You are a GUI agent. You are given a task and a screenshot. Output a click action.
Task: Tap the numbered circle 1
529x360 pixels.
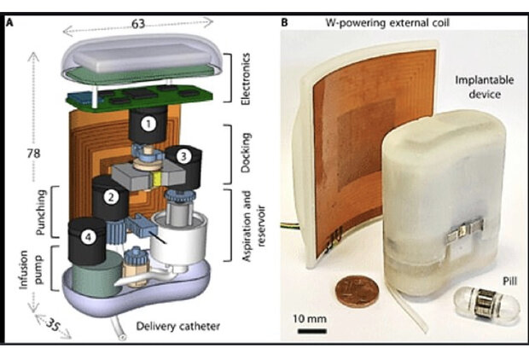click(x=150, y=124)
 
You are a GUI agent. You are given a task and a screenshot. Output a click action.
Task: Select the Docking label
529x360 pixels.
click(x=247, y=152)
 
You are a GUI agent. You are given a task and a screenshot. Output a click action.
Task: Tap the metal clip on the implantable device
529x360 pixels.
click(x=462, y=234)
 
